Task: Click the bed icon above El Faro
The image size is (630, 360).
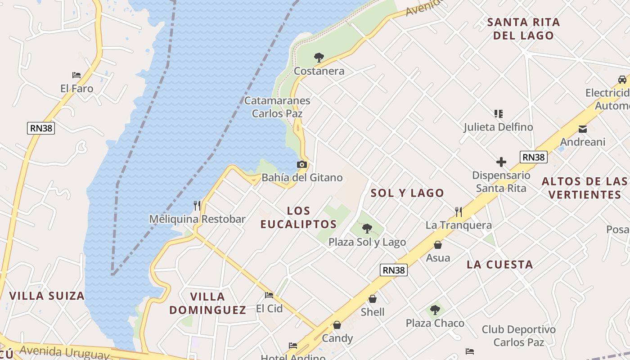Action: (76, 75)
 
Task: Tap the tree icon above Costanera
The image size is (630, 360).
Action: (319, 57)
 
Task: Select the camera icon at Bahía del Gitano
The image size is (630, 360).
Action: (302, 165)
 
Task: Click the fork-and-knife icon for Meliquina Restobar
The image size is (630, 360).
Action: (197, 206)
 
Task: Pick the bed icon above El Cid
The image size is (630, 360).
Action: (269, 295)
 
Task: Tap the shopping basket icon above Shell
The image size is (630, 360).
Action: (373, 299)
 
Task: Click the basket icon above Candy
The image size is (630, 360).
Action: (337, 325)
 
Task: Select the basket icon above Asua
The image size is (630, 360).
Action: (438, 245)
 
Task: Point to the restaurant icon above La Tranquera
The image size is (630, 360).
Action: (459, 211)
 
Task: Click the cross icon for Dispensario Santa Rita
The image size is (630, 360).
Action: (501, 162)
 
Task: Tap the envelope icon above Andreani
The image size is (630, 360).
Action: (583, 129)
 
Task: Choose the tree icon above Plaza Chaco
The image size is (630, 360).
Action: (435, 310)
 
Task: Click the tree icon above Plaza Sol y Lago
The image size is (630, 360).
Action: (367, 229)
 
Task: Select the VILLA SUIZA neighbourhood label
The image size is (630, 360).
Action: (47, 296)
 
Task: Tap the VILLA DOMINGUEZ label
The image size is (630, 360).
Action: (208, 303)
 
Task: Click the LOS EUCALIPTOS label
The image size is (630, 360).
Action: (299, 217)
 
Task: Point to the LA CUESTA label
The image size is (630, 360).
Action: (499, 264)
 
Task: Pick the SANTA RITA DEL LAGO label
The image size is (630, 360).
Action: (523, 28)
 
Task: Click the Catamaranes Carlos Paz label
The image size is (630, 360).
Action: (277, 107)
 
